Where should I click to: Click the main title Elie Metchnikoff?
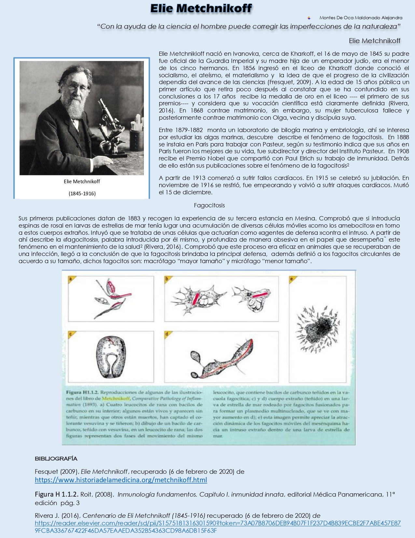click(201, 8)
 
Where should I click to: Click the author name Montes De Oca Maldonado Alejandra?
click(361, 18)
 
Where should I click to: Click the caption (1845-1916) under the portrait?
click(82, 193)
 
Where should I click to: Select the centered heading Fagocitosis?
click(209, 205)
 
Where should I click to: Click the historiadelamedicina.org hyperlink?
click(121, 480)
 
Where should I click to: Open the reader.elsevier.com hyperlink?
click(217, 523)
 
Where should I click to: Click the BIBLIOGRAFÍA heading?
click(56, 459)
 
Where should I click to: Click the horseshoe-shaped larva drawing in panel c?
click(111, 357)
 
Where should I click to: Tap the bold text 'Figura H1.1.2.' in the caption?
click(82, 392)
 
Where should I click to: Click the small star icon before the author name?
click(309, 18)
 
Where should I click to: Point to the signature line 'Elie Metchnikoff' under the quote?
click(374, 41)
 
